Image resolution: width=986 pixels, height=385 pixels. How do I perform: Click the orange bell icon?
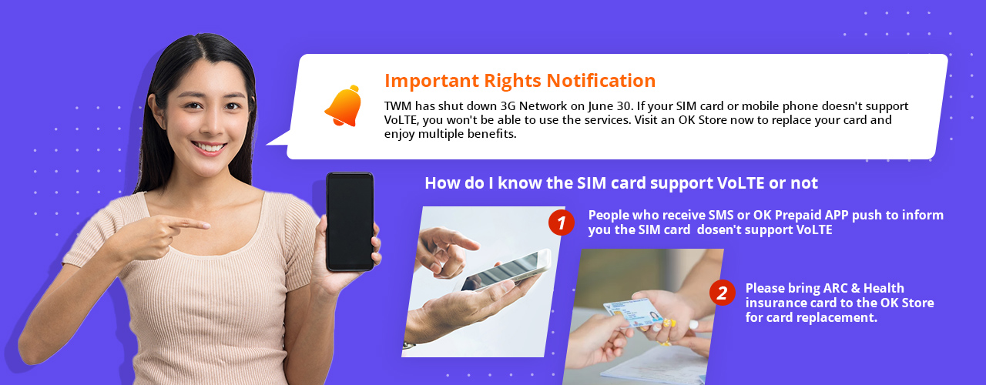344,106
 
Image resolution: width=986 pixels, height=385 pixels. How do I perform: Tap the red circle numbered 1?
562,223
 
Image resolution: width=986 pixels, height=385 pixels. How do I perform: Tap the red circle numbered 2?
723,293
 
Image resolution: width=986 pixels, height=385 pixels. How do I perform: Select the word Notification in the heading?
601,81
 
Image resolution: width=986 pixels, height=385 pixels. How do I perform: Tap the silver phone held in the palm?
506,270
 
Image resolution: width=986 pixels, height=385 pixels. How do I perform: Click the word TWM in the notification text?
398,106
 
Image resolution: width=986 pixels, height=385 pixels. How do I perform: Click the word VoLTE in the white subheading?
740,183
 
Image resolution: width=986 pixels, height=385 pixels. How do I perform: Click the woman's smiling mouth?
209,147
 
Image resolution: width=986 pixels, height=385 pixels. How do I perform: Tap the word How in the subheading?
439,183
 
